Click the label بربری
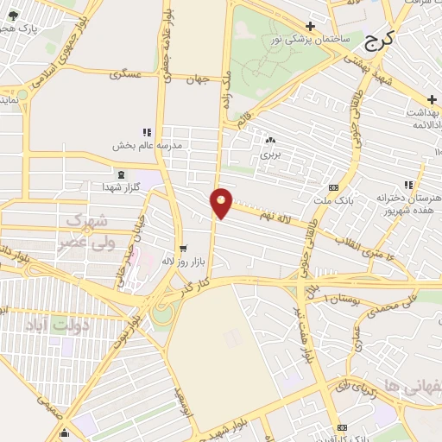[x=271, y=156]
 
